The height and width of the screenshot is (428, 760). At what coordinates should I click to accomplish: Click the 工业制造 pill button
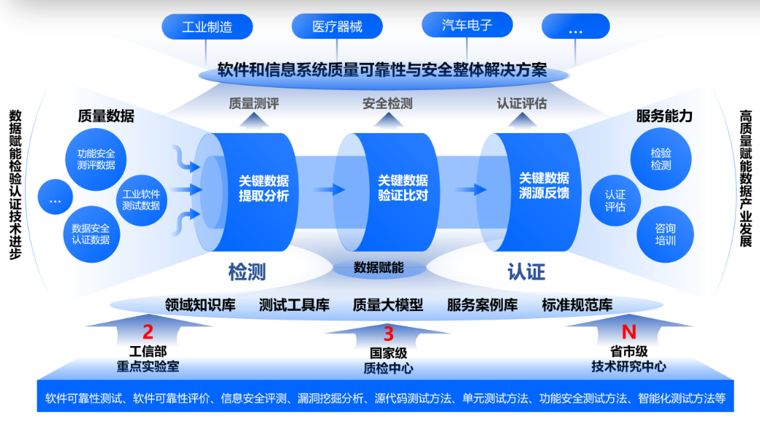tap(208, 28)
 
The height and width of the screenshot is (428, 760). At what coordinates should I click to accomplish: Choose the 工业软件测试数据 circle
tap(141, 200)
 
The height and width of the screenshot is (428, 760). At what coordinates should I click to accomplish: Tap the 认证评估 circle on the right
tap(615, 200)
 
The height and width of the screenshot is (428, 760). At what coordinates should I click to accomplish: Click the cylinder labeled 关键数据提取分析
tap(256, 188)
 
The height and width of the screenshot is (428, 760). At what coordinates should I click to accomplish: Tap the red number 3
tap(388, 334)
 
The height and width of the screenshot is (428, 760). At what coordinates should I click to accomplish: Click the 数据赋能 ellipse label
tap(379, 268)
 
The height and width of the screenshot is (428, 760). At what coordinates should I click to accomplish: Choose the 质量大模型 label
tap(388, 304)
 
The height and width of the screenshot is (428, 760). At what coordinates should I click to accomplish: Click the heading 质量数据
tap(106, 116)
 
